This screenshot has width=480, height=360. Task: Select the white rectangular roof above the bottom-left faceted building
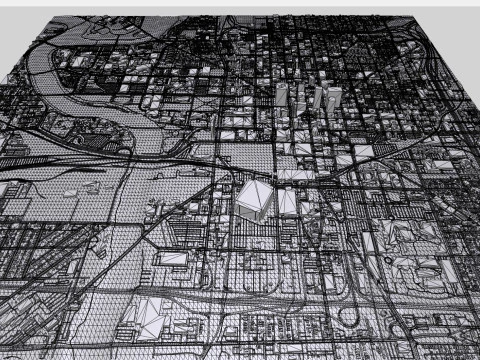[173, 259]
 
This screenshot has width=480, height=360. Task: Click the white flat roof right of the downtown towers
[363, 151]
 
